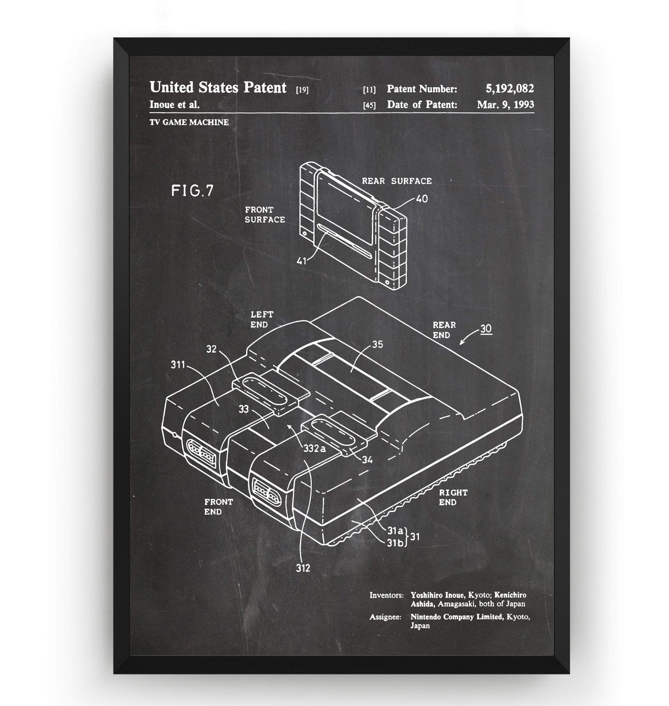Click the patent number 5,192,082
pos(510,89)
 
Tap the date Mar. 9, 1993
pos(505,104)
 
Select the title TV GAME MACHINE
pos(189,122)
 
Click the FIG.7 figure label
pos(192,191)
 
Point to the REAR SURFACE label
pos(397,181)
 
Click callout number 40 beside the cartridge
pos(422,199)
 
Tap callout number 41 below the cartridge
pos(301,261)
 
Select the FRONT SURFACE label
pos(265,215)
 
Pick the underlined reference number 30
pos(486,329)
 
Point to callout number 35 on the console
pos(377,344)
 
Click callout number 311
pos(178,365)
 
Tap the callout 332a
pos(315,448)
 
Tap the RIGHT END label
pos(453,497)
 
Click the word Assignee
pos(385,617)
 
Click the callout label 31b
pos(395,543)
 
